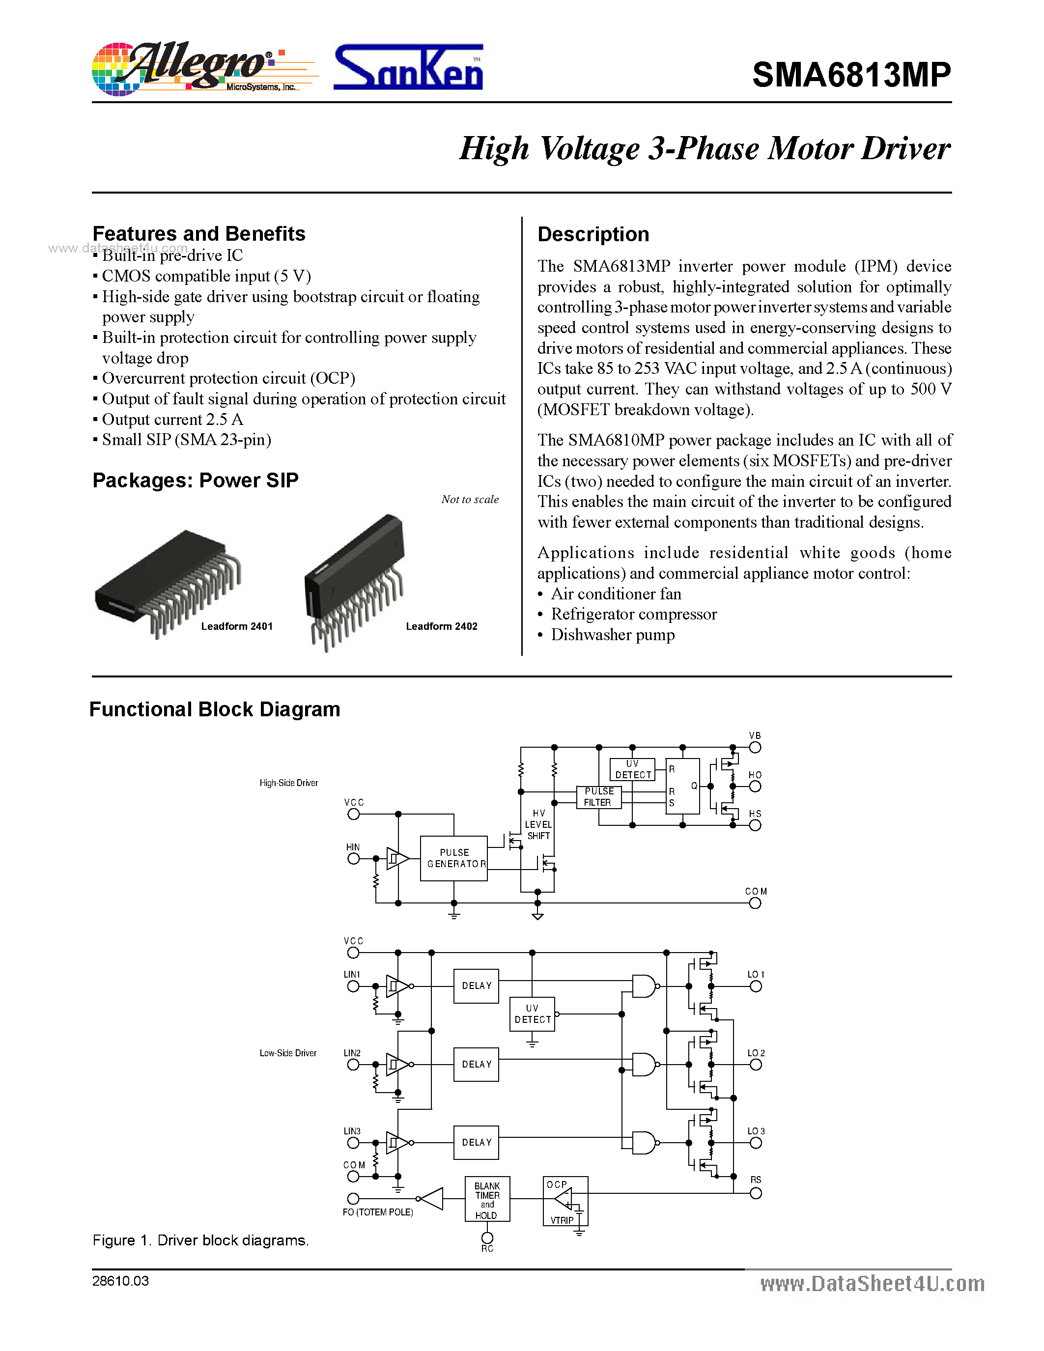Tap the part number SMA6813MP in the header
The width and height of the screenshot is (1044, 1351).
click(x=851, y=75)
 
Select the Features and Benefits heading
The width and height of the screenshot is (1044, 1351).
click(x=198, y=234)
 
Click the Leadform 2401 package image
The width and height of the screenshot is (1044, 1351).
click(x=167, y=582)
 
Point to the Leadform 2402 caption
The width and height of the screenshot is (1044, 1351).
click(x=441, y=626)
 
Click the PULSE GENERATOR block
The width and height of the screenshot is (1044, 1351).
click(x=453, y=858)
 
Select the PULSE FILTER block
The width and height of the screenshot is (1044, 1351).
click(x=598, y=797)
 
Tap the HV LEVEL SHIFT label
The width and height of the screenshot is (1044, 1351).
click(x=538, y=824)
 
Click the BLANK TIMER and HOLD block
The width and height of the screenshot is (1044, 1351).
click(x=487, y=1199)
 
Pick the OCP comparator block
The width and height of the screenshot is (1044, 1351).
click(x=564, y=1201)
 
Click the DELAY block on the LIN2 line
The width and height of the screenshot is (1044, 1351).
click(x=476, y=1064)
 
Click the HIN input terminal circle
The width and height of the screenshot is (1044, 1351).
click(x=353, y=859)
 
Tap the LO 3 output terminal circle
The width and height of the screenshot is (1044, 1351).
click(x=755, y=1143)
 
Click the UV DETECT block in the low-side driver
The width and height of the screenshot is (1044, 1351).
click(x=532, y=1014)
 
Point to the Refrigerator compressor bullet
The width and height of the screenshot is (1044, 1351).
click(x=633, y=614)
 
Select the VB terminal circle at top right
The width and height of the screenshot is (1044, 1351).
click(x=755, y=747)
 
